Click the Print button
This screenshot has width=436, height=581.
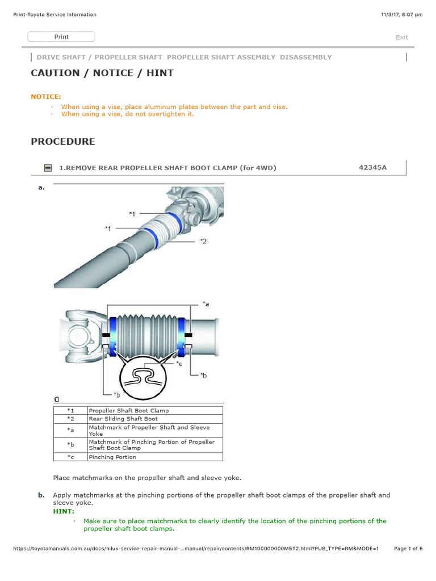point(61,37)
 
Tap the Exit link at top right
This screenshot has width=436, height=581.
point(401,37)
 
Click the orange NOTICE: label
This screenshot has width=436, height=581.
point(46,96)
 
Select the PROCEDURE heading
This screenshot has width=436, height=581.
point(63,142)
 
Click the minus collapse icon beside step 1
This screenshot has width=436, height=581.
point(48,168)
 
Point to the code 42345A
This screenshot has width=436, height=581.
point(373,167)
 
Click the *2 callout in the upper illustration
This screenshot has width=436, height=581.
point(203,241)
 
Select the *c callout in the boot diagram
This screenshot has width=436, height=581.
point(179,363)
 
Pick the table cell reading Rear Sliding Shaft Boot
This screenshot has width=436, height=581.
point(123,419)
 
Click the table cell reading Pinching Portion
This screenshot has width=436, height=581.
point(112,457)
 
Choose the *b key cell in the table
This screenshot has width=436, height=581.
point(70,445)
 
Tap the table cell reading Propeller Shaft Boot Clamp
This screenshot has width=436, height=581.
point(128,410)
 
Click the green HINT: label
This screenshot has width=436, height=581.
point(64,511)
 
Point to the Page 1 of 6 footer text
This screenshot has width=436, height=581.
point(408,549)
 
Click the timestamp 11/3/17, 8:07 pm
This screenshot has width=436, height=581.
point(402,15)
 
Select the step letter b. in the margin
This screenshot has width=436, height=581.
point(41,495)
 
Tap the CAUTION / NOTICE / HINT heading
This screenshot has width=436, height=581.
point(102,73)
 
